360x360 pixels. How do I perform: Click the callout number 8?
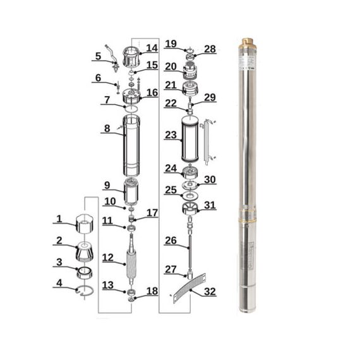click(x=107, y=128)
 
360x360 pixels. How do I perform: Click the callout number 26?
click(x=171, y=240)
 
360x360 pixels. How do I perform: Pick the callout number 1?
click(x=59, y=219)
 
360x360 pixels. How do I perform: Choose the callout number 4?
click(x=59, y=283)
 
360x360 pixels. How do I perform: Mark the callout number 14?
click(x=152, y=48)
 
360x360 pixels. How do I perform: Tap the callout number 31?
click(x=210, y=205)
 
